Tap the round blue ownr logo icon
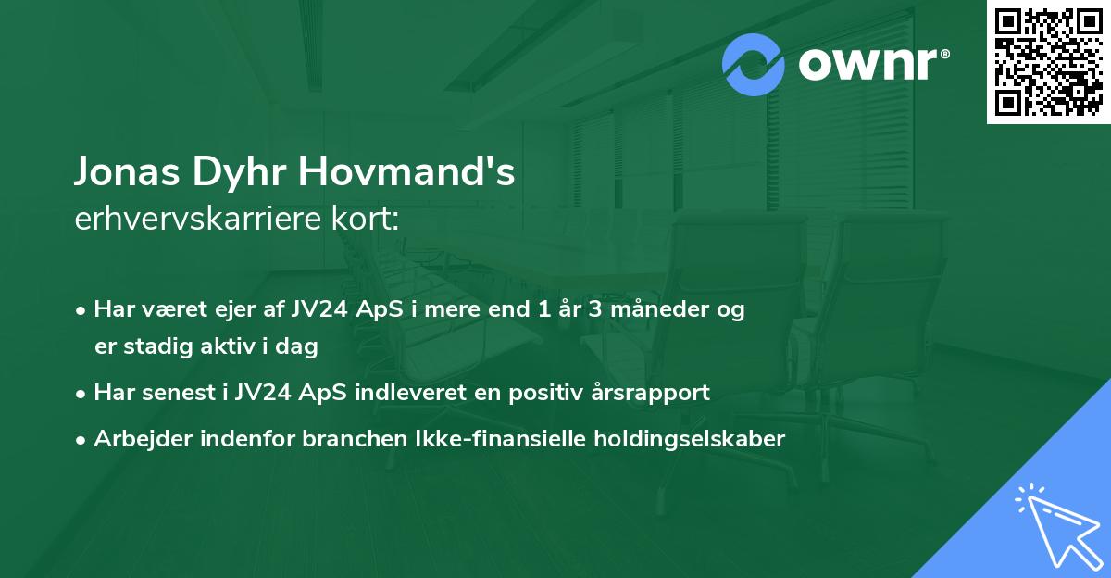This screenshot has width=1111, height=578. [754, 65]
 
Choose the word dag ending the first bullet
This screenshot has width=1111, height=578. [299, 347]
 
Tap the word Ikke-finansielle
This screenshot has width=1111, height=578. [494, 439]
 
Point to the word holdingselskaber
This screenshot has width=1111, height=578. [693, 439]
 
